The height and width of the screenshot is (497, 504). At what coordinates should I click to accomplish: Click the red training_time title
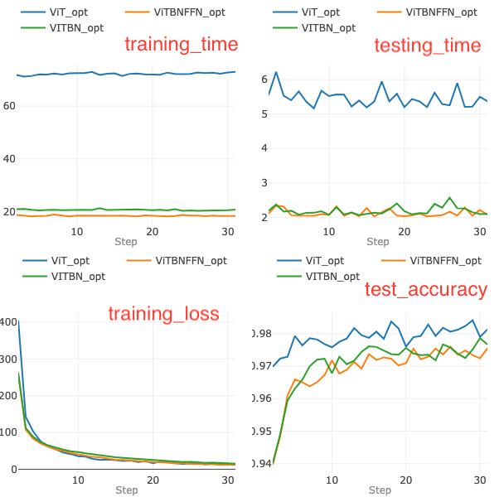[x=181, y=45]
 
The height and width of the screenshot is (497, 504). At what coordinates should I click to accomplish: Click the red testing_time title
[x=427, y=45]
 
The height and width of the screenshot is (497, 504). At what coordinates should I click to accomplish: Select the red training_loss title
[x=163, y=313]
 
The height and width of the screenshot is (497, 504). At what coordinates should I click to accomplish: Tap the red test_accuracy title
[x=426, y=289]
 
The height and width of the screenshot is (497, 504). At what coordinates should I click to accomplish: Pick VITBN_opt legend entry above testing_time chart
[x=328, y=27]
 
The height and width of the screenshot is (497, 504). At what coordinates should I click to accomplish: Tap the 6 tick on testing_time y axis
[x=264, y=79]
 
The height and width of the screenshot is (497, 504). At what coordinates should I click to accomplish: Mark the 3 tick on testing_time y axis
[x=264, y=183]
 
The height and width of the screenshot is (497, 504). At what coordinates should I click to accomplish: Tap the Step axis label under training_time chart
[x=126, y=242]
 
